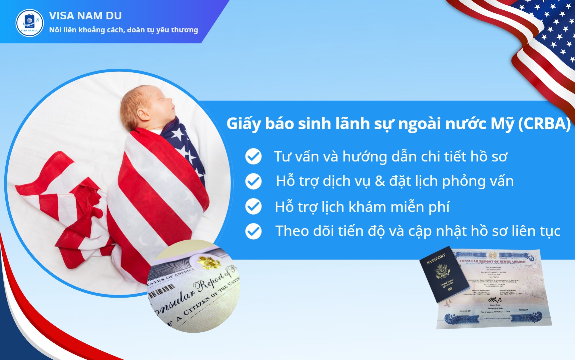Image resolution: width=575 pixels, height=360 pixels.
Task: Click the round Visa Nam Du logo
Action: click(x=30, y=23)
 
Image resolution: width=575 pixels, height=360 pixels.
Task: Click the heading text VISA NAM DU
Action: click(x=85, y=16)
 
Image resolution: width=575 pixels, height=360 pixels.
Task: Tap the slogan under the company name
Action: click(x=123, y=30)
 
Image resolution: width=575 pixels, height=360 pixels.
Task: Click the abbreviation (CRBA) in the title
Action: click(x=544, y=124)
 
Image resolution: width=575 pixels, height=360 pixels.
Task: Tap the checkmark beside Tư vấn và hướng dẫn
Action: click(x=253, y=156)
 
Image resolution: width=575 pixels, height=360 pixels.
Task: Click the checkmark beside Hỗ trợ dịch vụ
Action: click(x=253, y=181)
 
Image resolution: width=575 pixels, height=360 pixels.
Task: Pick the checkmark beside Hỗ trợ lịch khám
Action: click(x=253, y=206)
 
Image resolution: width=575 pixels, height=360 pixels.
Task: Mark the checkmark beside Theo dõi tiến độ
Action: click(x=253, y=231)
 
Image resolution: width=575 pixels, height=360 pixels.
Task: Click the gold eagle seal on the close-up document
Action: click(x=208, y=262)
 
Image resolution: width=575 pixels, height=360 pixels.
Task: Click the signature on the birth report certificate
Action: click(x=495, y=300)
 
